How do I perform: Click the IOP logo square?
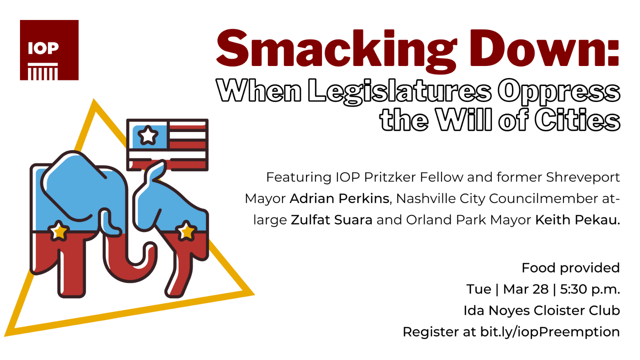(49, 50)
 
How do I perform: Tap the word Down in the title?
(544, 48)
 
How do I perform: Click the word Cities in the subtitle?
(577, 120)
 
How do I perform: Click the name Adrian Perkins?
(340, 198)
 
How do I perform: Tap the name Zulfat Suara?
(332, 220)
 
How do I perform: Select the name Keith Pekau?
(578, 220)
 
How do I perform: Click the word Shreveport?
(583, 178)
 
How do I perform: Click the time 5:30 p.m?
(590, 290)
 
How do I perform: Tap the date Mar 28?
(526, 289)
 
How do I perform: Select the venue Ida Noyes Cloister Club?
(542, 310)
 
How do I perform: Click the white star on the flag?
(148, 135)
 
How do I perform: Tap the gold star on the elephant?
(59, 230)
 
